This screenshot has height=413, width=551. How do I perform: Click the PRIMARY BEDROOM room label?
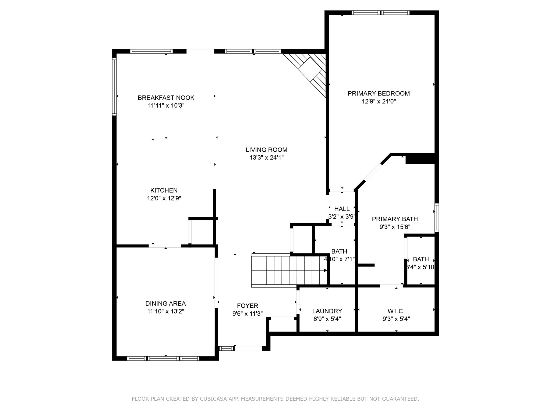point(379,93)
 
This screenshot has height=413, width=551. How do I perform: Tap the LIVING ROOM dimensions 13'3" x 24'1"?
point(266,158)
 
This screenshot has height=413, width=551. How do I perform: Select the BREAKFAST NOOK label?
point(166,98)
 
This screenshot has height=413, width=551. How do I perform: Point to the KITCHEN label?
point(164,190)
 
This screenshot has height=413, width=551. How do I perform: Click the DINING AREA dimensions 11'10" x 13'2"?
point(165,311)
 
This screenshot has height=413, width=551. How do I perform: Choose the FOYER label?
point(248,306)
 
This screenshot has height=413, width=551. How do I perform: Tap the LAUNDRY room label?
point(327,311)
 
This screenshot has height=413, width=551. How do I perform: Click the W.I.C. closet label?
point(396,311)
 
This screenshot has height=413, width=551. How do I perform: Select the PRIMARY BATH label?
point(395,219)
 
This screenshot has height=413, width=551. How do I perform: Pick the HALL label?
point(342,209)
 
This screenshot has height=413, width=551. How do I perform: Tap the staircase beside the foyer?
point(288,270)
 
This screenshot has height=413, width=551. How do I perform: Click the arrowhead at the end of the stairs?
point(325,270)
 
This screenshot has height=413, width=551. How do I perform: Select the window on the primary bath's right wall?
point(437,218)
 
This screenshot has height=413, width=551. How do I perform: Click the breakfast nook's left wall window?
point(114,87)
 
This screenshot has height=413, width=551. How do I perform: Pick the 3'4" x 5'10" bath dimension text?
point(421,267)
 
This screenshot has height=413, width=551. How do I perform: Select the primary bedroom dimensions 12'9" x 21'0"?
point(379,101)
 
